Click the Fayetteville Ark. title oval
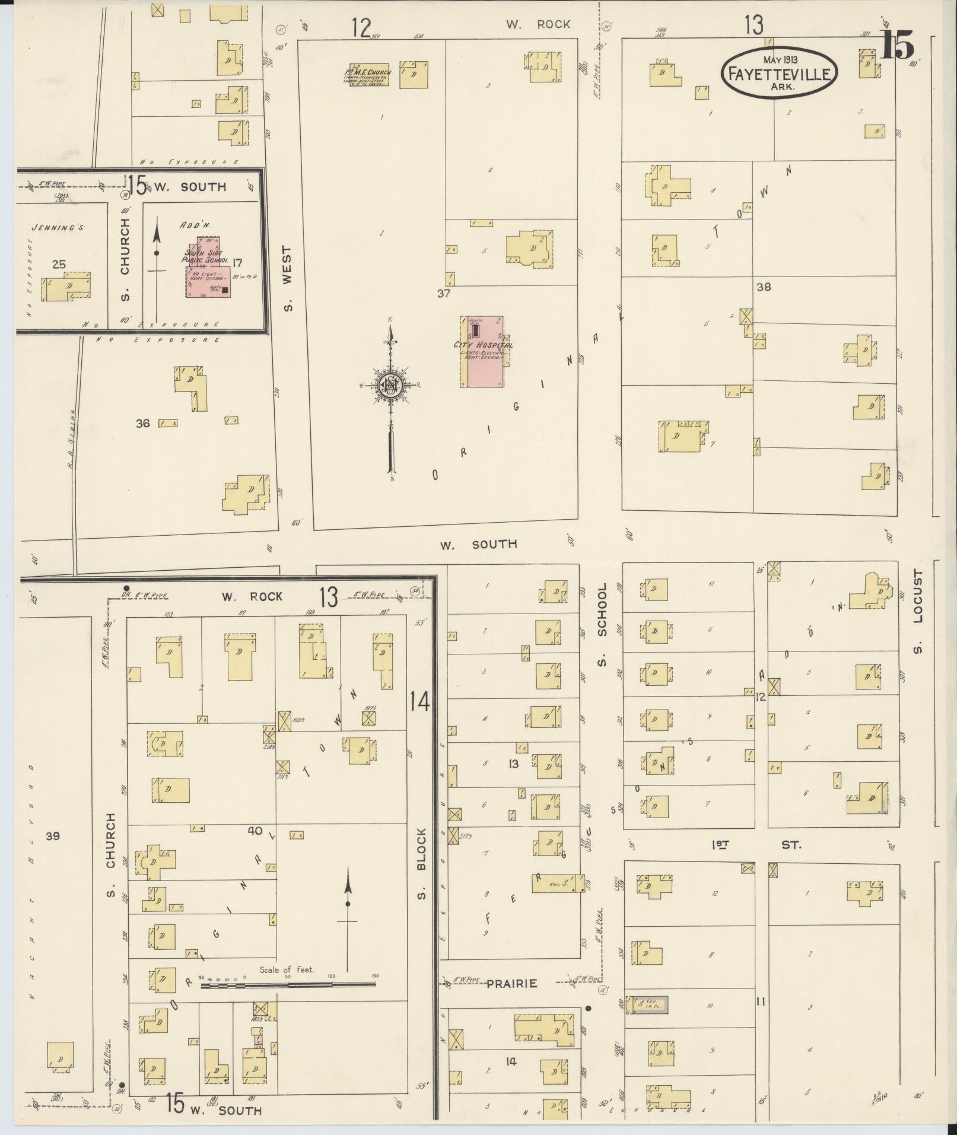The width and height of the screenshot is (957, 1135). pos(779,72)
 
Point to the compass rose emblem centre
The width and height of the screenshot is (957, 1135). pos(391,386)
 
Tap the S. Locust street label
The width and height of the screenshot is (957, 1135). pos(918,612)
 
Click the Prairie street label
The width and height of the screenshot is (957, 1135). pos(511,984)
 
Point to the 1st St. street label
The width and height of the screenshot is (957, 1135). pos(756,844)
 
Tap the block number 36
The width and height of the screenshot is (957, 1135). pos(142,423)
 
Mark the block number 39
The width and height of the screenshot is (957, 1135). pos(53,836)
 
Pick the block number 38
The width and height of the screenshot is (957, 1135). pos(763,287)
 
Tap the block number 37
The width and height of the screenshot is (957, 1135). pos(443,293)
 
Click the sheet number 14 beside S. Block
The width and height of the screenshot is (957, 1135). pos(419,702)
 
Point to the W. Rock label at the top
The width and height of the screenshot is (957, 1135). pos(538,24)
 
